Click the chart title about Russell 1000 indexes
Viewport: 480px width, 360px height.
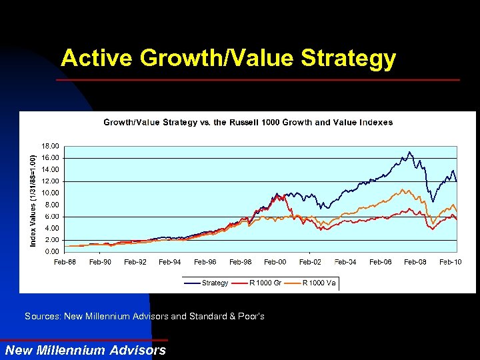click(247, 122)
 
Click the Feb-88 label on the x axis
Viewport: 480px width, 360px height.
click(65, 262)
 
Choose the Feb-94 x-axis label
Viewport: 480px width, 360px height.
click(169, 262)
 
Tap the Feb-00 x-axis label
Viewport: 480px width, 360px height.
click(275, 262)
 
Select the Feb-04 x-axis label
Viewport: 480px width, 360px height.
click(345, 262)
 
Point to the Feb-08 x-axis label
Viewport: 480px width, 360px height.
click(415, 262)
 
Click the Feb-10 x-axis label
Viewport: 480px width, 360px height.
click(450, 262)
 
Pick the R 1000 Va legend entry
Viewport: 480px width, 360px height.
click(319, 283)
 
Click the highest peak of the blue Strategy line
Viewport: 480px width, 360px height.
click(410, 152)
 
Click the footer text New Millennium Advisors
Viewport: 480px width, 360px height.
click(85, 350)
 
